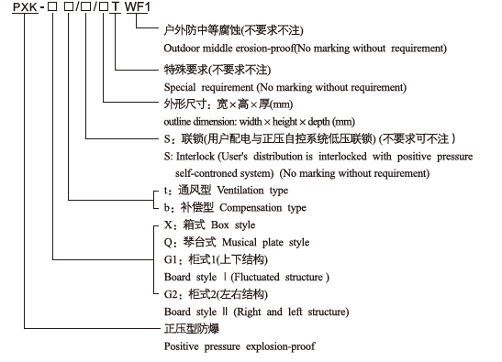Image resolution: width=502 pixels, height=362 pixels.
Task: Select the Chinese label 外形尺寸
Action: click(182, 104)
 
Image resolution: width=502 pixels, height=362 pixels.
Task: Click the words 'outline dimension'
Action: click(199, 121)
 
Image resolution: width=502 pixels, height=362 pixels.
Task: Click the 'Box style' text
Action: click(233, 225)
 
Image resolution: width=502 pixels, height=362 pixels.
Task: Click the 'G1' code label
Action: click(170, 260)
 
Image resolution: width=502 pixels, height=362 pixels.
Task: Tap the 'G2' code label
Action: click(170, 295)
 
